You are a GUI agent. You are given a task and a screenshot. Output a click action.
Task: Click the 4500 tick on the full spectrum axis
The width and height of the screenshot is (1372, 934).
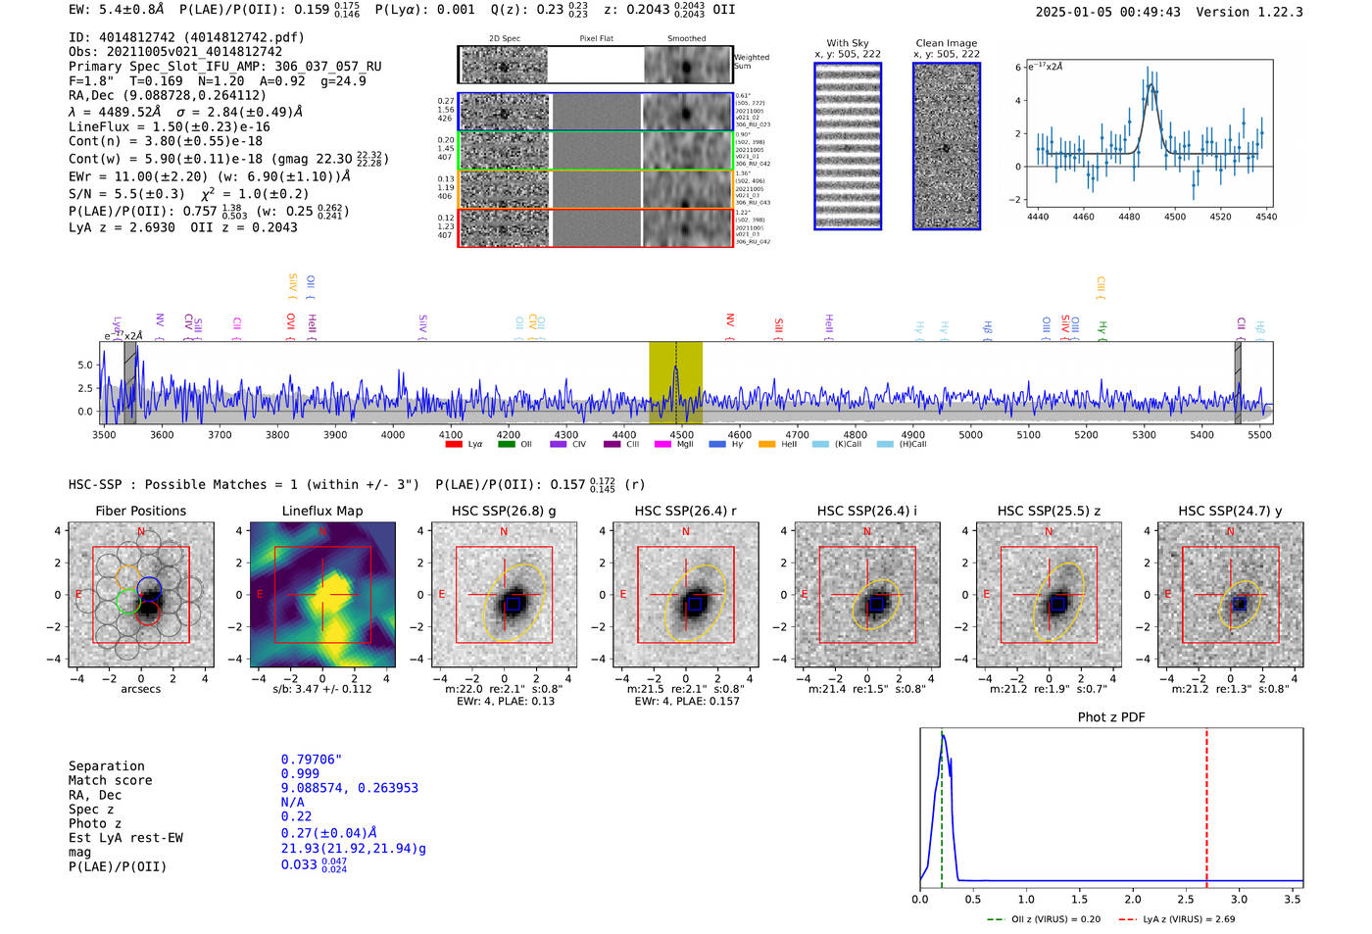[x=681, y=434]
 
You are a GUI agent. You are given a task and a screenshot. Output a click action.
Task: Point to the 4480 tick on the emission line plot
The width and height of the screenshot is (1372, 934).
[x=1129, y=217]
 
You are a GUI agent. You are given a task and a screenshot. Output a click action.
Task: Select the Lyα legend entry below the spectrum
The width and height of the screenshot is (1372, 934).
[x=465, y=444]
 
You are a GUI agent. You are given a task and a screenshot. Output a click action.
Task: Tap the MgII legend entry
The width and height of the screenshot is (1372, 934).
[x=675, y=444]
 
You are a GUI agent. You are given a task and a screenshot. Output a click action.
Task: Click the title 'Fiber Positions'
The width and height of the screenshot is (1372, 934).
[x=140, y=511]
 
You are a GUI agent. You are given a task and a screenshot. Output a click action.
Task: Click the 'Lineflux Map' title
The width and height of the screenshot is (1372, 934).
[x=321, y=511]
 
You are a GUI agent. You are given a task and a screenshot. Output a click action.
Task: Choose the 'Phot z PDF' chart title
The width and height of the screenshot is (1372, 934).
[x=1111, y=716]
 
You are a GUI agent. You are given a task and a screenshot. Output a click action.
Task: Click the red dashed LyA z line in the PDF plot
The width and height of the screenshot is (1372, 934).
[x=1206, y=804]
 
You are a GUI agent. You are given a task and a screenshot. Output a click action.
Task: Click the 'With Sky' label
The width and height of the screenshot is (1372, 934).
[x=847, y=43]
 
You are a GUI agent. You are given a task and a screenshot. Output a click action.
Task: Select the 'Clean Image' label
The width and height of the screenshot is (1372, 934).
[x=946, y=43]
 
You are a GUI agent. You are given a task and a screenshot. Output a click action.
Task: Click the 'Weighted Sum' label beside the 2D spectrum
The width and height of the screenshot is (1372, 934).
[x=752, y=62]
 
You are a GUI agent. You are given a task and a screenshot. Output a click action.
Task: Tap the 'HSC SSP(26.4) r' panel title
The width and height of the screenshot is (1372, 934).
[x=685, y=511]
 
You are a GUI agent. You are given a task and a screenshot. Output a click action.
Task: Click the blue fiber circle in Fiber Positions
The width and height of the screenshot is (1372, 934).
[x=149, y=588]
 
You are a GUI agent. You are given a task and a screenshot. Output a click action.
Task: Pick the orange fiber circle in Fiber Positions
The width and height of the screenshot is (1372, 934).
[x=127, y=576]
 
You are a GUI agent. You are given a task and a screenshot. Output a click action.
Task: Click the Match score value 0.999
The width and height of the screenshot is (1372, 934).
[x=300, y=773]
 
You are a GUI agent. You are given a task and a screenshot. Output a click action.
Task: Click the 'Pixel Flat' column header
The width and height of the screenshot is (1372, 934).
[x=596, y=38]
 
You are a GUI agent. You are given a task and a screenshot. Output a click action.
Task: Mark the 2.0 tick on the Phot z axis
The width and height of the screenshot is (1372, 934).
[x=1132, y=899]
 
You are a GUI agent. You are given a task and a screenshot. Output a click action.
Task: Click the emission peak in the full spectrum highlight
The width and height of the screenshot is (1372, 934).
[x=675, y=369]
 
